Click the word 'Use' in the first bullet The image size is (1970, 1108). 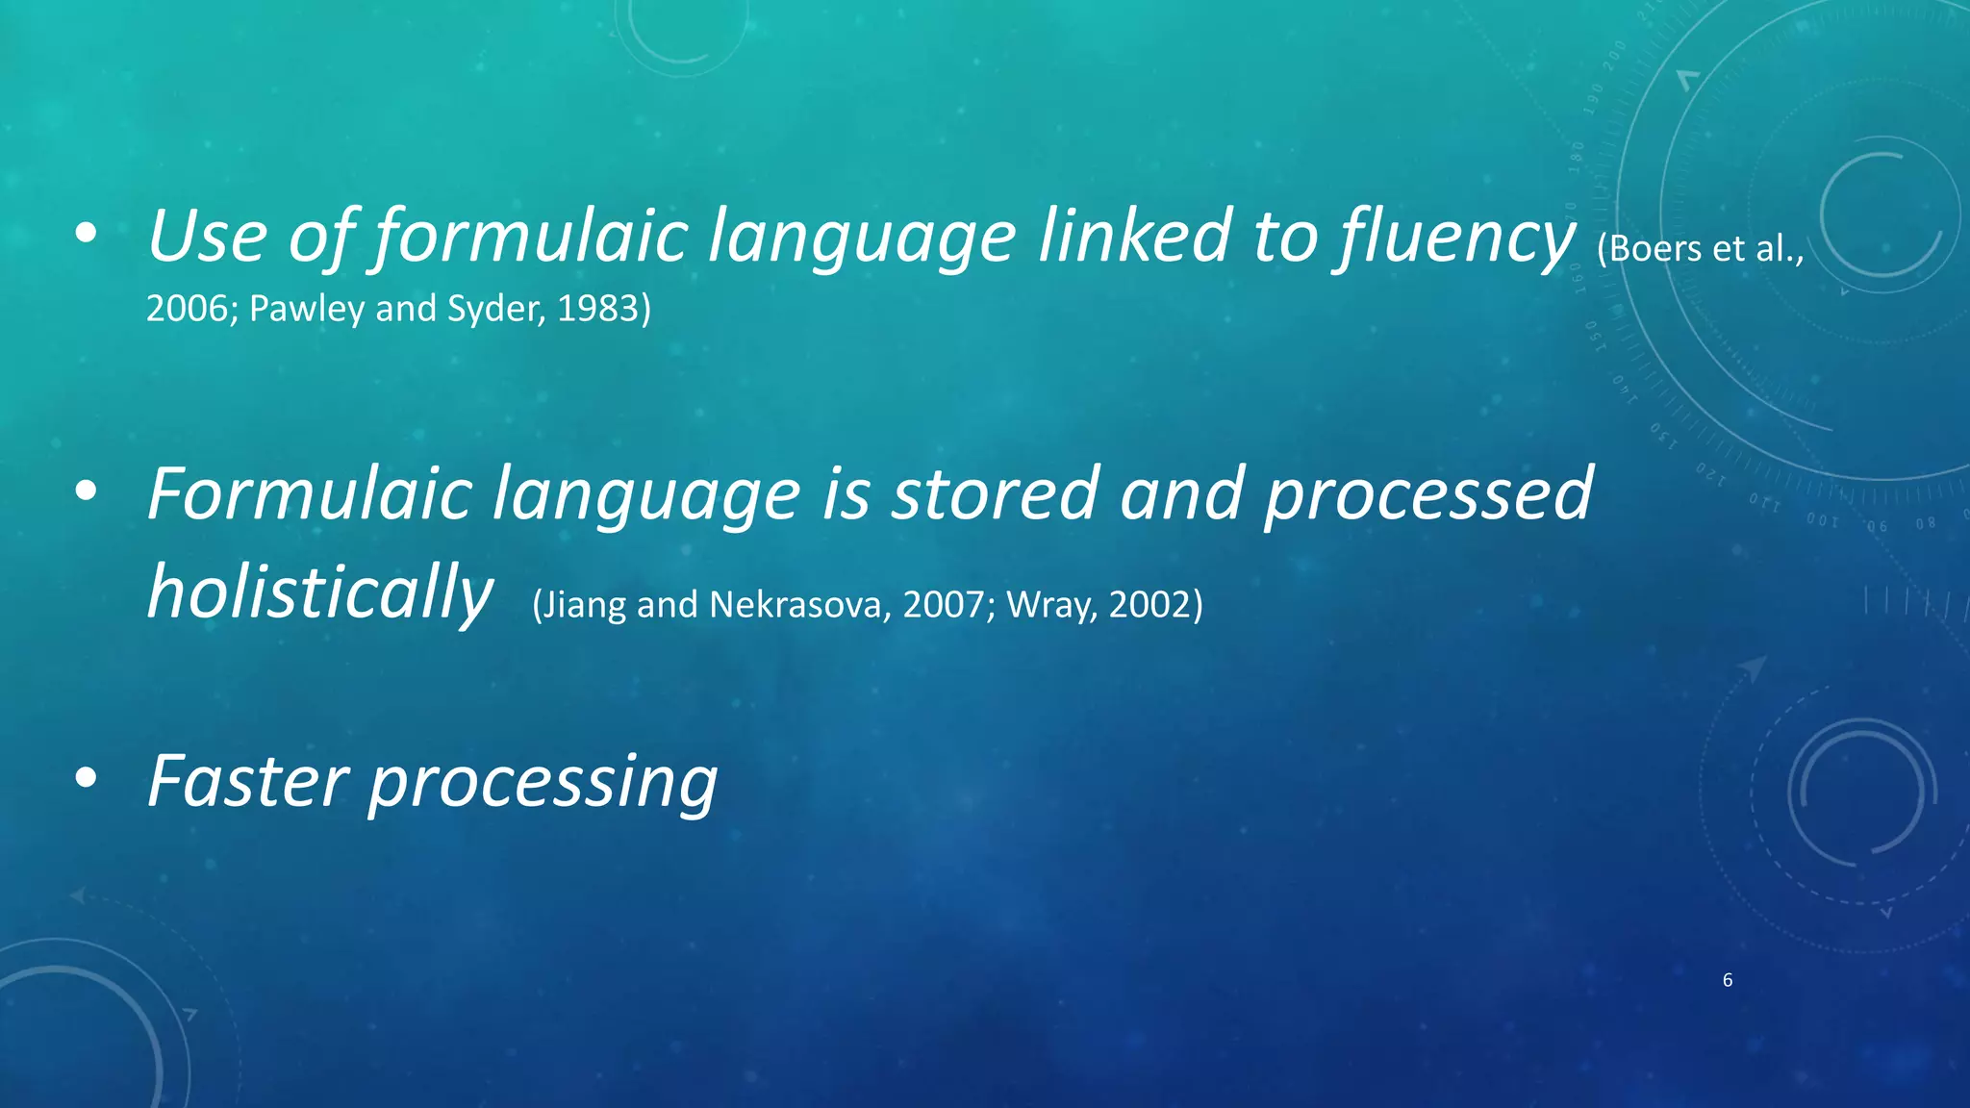coord(207,237)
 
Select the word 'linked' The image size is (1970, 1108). coord(1135,237)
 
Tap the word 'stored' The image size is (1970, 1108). coord(995,494)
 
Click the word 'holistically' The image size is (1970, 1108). coord(319,593)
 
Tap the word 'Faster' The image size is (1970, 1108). coord(247,781)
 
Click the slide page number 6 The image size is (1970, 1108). coord(1728,980)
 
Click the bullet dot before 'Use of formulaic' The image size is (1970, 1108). coord(86,234)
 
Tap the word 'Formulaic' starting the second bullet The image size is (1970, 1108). coord(309,494)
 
